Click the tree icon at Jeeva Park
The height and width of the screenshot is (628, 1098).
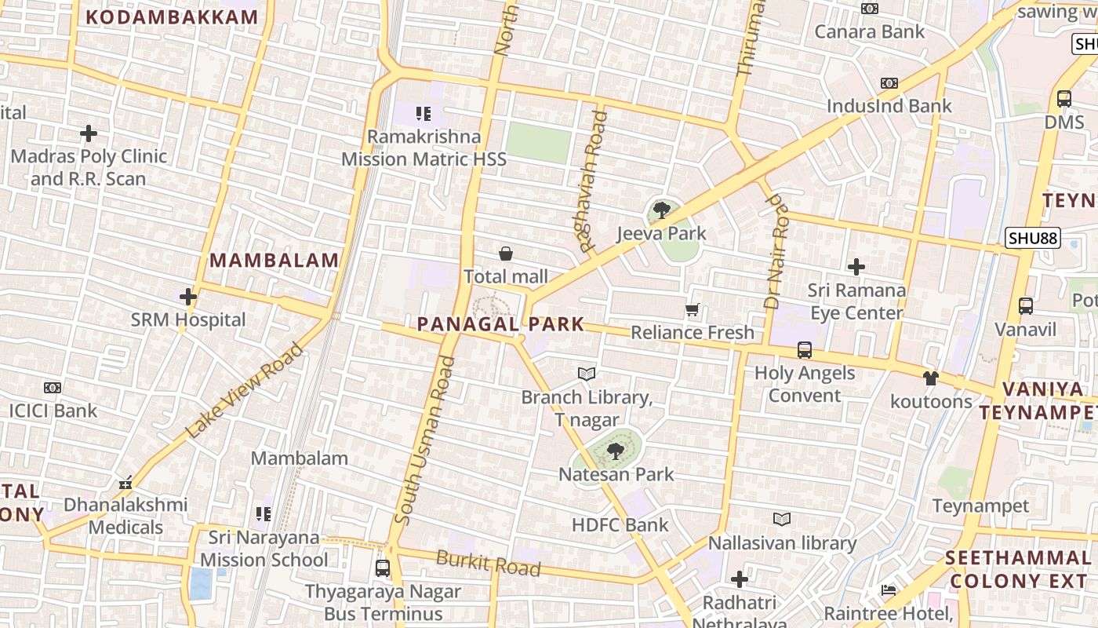click(x=661, y=210)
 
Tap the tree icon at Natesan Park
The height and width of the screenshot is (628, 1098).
click(x=616, y=451)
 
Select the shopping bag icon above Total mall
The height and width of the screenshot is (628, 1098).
click(x=506, y=254)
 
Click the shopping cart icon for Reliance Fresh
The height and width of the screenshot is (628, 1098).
click(x=692, y=309)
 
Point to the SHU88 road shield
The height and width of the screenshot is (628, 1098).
click(x=1032, y=237)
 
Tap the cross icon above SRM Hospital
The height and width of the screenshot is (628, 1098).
click(x=188, y=297)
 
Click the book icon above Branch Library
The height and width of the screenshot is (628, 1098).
click(x=587, y=374)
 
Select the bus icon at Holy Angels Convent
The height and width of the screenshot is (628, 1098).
click(x=804, y=349)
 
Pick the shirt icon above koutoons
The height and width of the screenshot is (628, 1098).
click(x=930, y=378)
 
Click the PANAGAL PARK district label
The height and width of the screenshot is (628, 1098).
click(x=500, y=324)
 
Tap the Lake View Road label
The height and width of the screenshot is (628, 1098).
click(x=244, y=390)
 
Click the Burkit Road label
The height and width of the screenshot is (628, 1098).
click(x=488, y=563)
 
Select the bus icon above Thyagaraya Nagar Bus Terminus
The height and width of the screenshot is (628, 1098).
click(x=383, y=568)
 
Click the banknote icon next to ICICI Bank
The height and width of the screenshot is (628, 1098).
click(x=53, y=387)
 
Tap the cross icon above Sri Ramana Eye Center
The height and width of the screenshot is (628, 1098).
click(x=856, y=267)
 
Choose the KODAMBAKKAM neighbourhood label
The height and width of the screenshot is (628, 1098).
click(x=172, y=17)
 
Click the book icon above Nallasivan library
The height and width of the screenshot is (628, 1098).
click(x=782, y=519)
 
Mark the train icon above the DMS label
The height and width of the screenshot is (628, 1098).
click(x=1063, y=99)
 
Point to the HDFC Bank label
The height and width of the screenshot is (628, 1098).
click(x=620, y=525)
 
